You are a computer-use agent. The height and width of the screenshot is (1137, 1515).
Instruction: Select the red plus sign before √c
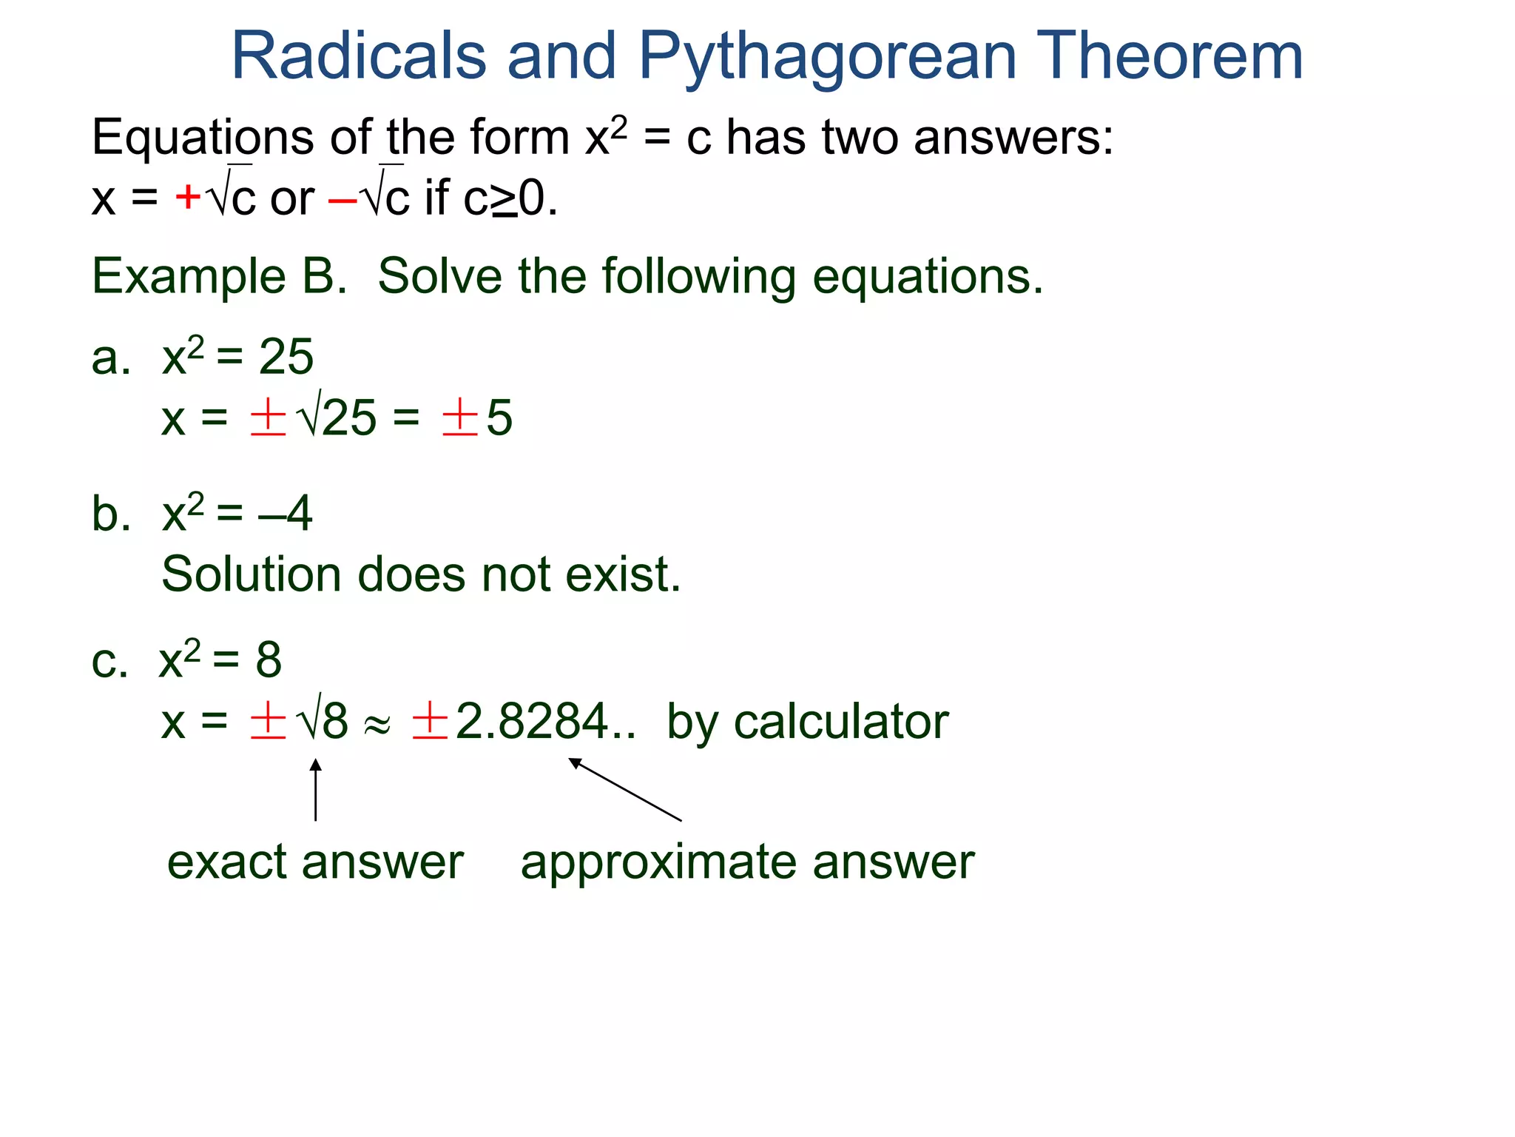[x=188, y=198]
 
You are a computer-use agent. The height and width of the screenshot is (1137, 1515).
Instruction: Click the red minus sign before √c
[x=343, y=199]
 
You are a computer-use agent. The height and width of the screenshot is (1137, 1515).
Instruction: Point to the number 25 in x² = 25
[x=286, y=358]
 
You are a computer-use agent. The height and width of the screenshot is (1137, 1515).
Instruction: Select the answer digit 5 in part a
[x=500, y=418]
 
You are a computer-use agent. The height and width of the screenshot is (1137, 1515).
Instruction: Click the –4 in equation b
[x=286, y=513]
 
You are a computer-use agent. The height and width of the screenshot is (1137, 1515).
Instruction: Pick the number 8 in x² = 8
[x=269, y=660]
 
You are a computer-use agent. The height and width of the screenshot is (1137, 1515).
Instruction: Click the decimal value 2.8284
[x=533, y=722]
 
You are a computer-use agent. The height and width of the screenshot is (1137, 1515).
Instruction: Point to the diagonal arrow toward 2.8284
[x=625, y=789]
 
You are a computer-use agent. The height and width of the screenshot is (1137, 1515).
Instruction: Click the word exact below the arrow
[x=226, y=862]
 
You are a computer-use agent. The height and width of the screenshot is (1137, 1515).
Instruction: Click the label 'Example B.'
[x=219, y=277]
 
